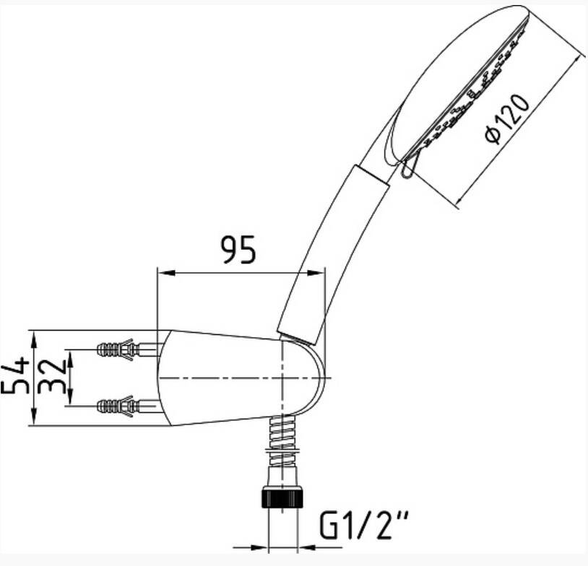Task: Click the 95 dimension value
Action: coord(238,249)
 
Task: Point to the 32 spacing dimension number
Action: coord(53,377)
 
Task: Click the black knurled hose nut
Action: coord(283,497)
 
